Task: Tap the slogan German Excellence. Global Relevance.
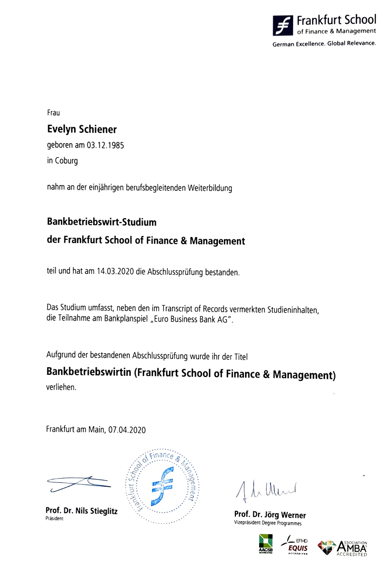[x=323, y=43]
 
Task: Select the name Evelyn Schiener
[x=82, y=130]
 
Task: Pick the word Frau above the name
[x=53, y=113]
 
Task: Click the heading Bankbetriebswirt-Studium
[x=102, y=221]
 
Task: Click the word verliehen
[x=62, y=388]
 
